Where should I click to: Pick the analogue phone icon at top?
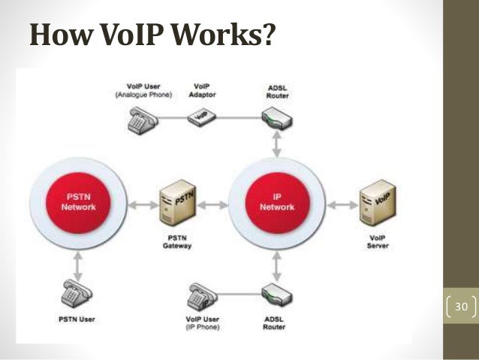point(140,120)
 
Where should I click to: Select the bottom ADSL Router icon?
point(276,294)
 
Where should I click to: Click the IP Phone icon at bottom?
point(200,295)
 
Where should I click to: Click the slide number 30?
point(460,307)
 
